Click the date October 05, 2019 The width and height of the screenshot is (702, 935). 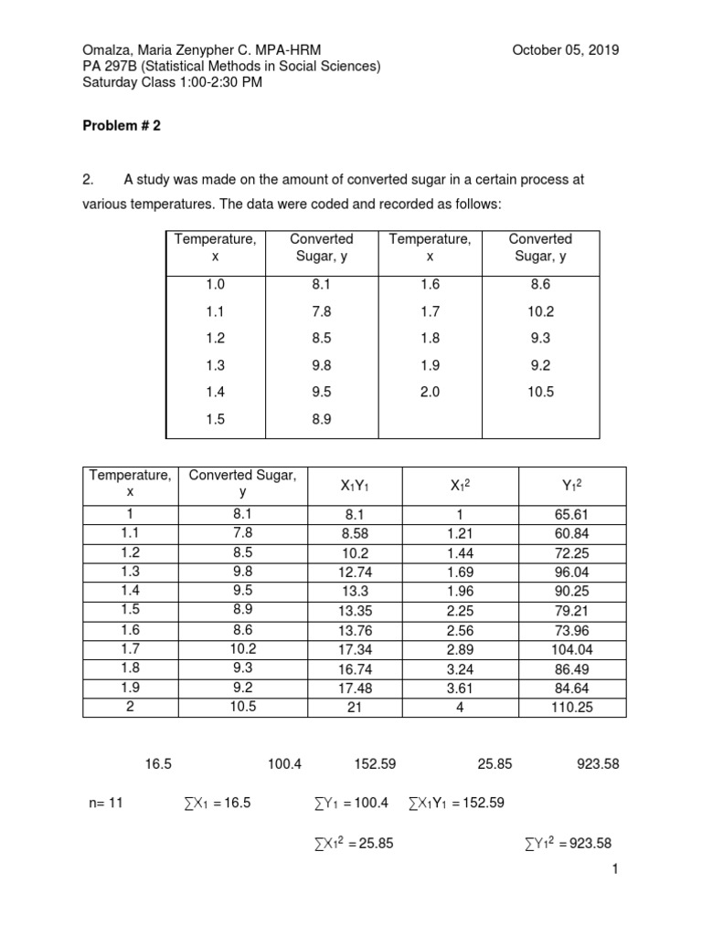(x=566, y=50)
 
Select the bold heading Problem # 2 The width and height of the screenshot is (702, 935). (x=122, y=127)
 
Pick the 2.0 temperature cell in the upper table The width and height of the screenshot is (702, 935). (x=430, y=392)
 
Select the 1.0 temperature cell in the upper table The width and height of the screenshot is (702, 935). (x=215, y=285)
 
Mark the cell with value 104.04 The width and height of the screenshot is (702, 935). (x=572, y=649)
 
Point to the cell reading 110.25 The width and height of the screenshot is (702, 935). (x=572, y=708)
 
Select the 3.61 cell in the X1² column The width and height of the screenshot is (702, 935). (x=461, y=688)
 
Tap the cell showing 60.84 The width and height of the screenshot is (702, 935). (x=572, y=534)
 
